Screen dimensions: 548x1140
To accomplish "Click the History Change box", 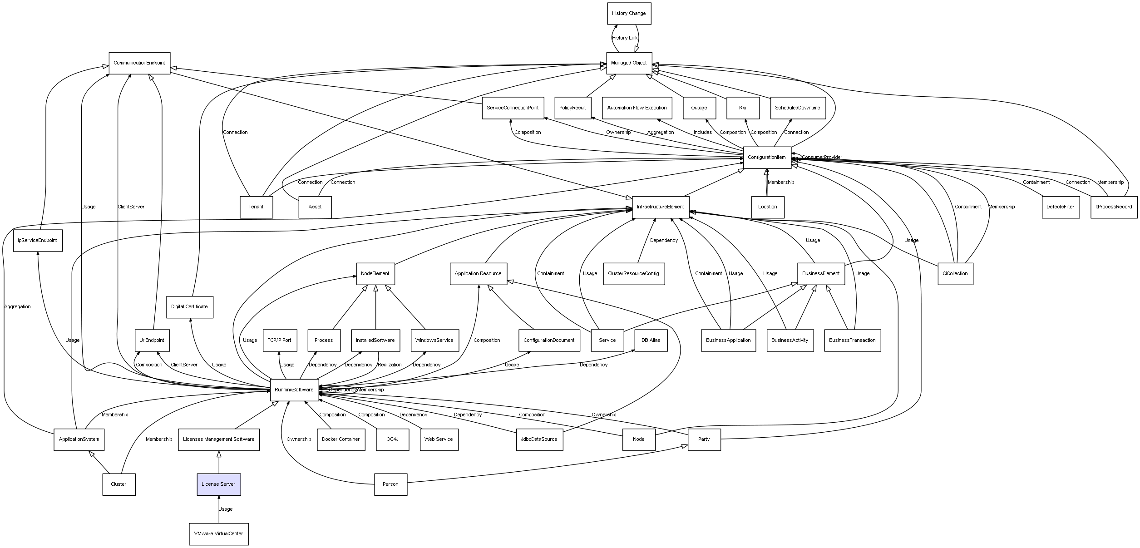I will [629, 14].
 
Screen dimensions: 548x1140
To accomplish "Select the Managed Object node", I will [629, 63].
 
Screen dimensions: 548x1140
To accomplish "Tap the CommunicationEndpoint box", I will [139, 63].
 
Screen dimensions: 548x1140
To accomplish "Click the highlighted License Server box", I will [218, 484].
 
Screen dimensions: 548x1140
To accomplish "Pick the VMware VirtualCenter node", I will [218, 534].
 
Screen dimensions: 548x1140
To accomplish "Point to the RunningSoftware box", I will [294, 390].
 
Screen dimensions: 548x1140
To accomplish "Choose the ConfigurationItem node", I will [767, 158].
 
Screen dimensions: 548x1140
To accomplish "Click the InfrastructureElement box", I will [661, 207].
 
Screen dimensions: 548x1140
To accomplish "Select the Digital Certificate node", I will [189, 307].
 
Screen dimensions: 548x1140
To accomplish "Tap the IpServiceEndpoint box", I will [38, 241].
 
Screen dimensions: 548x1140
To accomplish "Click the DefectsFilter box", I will [1061, 207].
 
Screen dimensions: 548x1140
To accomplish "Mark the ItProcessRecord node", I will [1114, 207].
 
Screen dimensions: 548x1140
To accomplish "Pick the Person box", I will [390, 484].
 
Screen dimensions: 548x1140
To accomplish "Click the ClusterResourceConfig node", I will [634, 274].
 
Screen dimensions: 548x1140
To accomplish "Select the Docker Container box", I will [341, 439].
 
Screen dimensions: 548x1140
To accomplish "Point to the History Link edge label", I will [625, 38].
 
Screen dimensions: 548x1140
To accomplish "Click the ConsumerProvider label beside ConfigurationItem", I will [822, 158].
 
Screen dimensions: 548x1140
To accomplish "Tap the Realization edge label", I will [390, 365].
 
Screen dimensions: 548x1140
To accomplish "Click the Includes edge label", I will [703, 133].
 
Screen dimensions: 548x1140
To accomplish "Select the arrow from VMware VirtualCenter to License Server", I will [219, 509].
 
